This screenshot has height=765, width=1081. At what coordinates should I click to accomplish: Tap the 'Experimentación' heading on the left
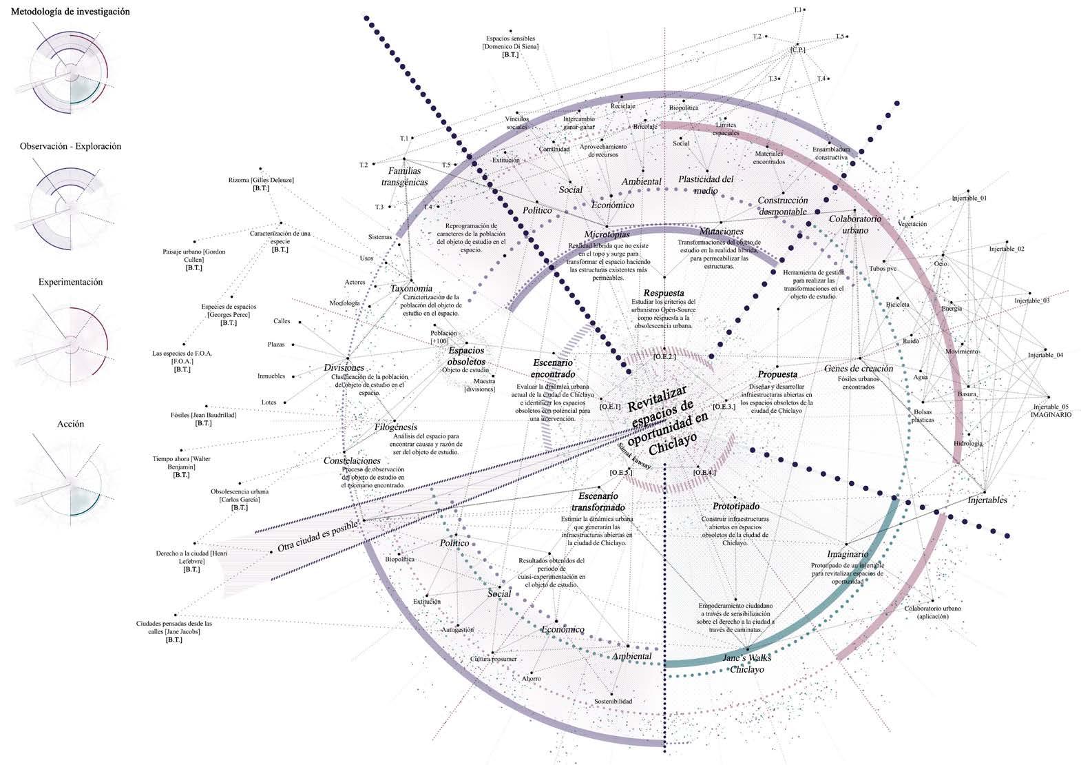[x=70, y=282]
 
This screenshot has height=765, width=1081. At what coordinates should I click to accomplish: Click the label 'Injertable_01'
[x=969, y=198]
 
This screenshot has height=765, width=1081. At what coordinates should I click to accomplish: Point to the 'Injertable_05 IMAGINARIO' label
[x=1051, y=411]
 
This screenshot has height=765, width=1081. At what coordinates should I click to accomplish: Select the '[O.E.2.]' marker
[x=664, y=356]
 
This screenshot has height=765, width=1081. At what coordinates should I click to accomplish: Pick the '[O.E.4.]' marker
[x=704, y=473]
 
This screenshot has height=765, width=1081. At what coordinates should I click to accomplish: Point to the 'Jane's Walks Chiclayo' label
[x=746, y=663]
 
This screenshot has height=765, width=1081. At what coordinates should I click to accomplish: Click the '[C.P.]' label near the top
[x=798, y=50]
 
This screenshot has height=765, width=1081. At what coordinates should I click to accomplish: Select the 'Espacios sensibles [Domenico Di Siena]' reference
[x=510, y=43]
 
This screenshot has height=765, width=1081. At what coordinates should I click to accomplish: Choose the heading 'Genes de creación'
[x=858, y=369]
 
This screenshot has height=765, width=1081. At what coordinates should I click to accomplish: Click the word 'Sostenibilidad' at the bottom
[x=613, y=702]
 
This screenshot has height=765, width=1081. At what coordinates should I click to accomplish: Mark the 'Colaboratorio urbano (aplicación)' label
[x=932, y=613]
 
